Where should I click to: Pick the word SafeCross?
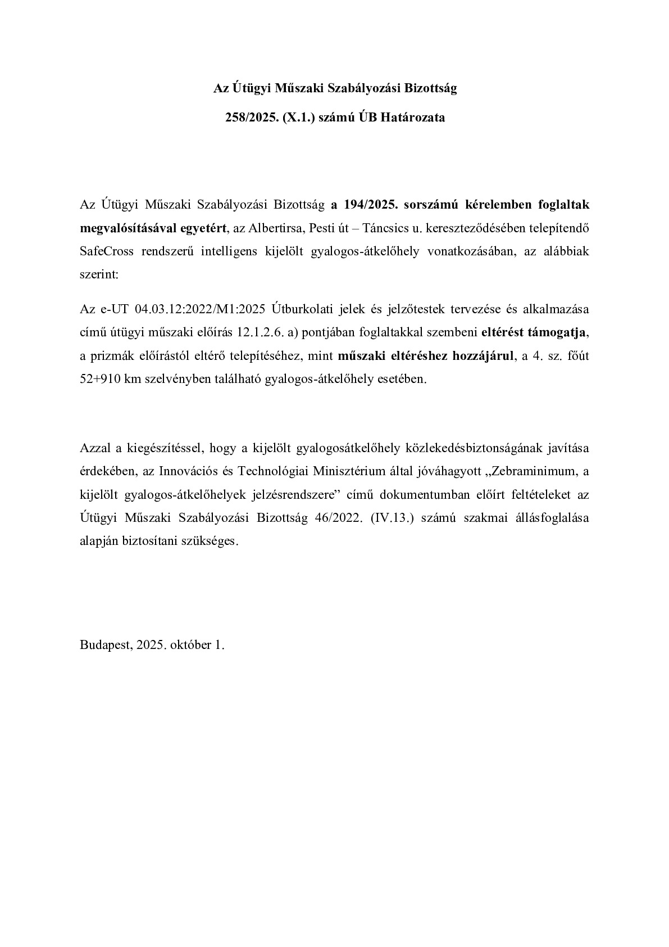[x=107, y=251]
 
